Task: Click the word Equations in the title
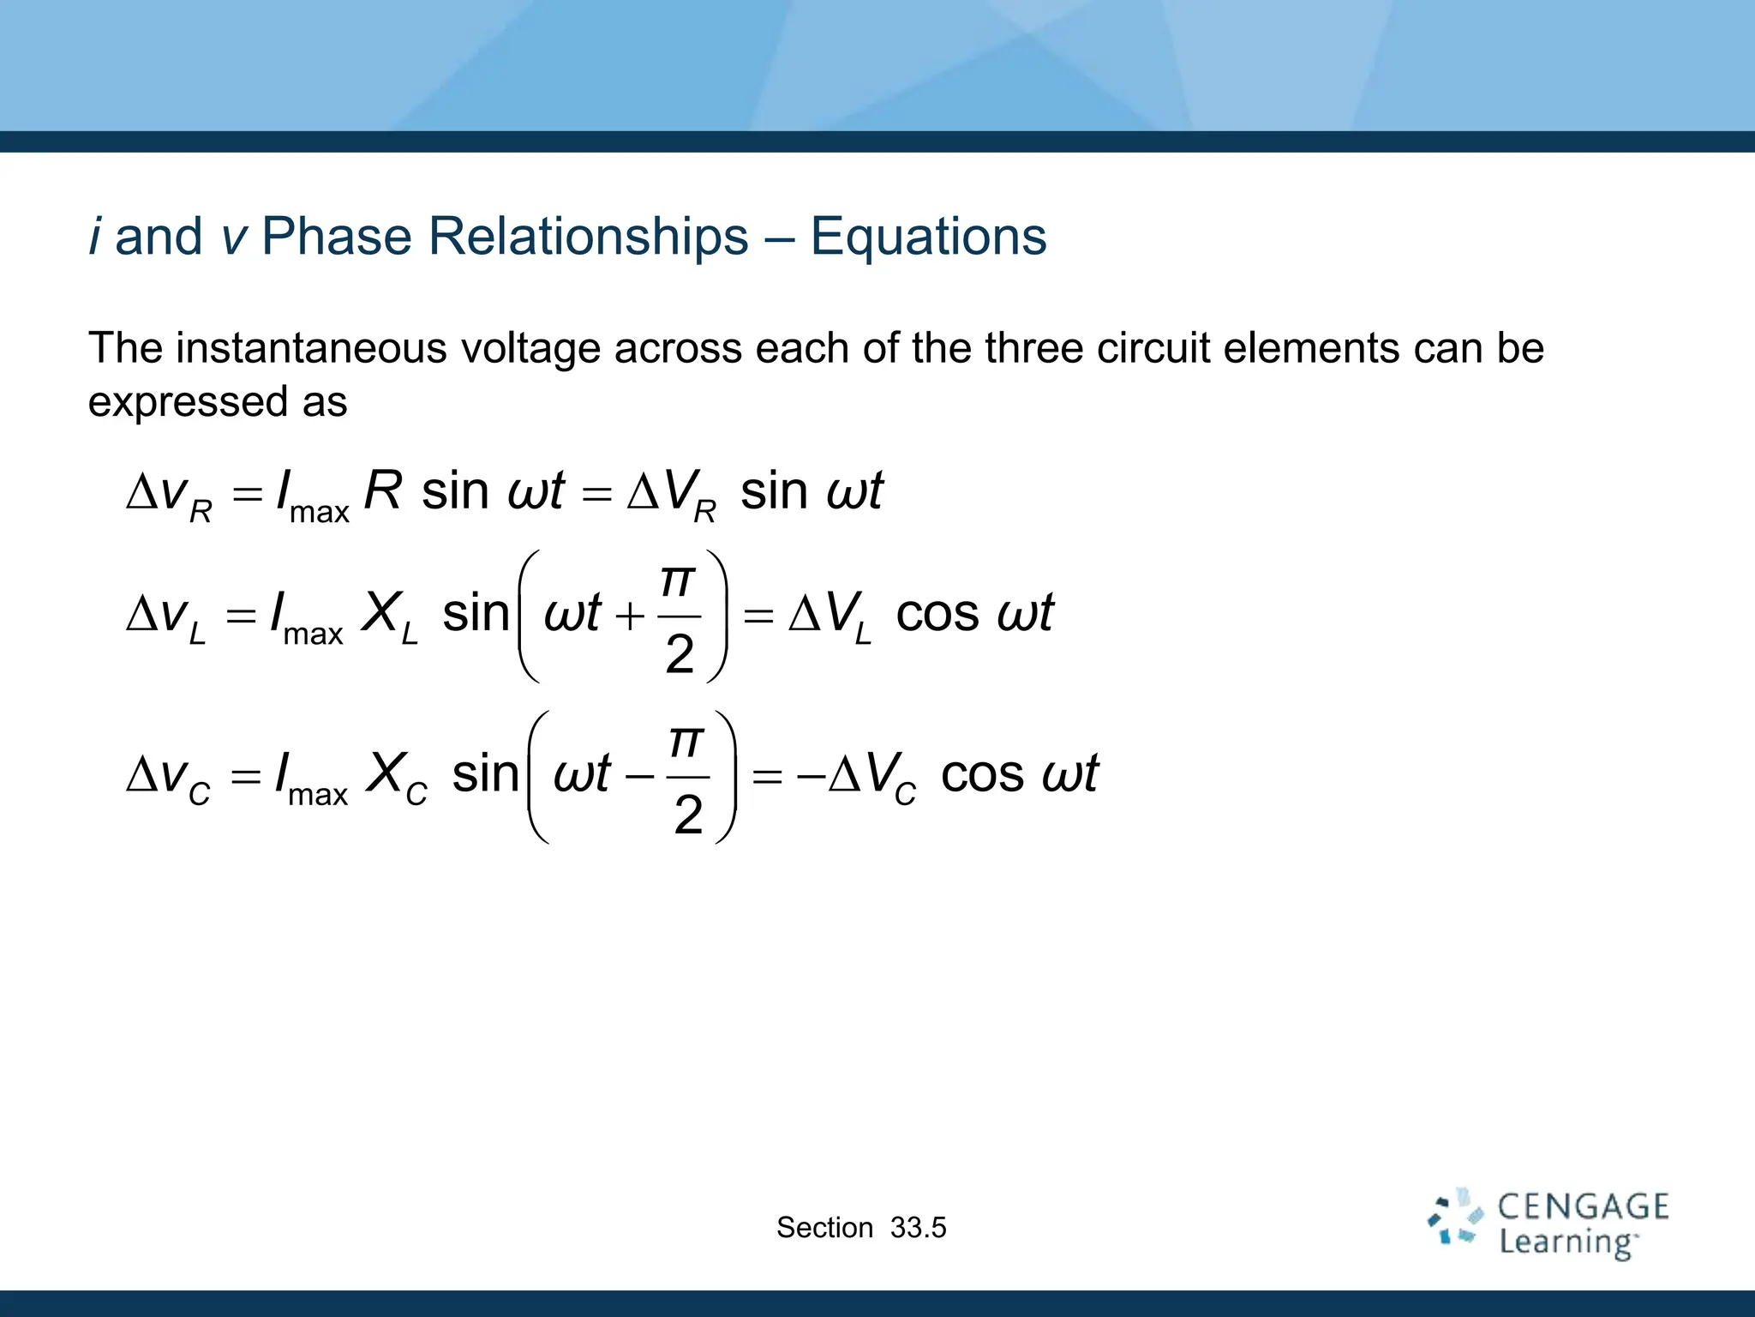(928, 237)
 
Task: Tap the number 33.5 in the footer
(918, 1228)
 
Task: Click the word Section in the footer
(824, 1228)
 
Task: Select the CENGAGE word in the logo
(1583, 1207)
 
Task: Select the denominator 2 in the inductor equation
(680, 655)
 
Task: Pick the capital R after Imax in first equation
(383, 492)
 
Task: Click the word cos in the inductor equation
(937, 614)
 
